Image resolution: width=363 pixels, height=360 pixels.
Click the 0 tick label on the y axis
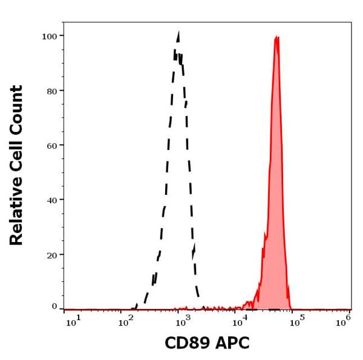tap(53, 306)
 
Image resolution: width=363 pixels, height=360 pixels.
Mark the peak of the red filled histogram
tap(276, 37)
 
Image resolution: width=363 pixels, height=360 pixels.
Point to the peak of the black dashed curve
tap(178, 33)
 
